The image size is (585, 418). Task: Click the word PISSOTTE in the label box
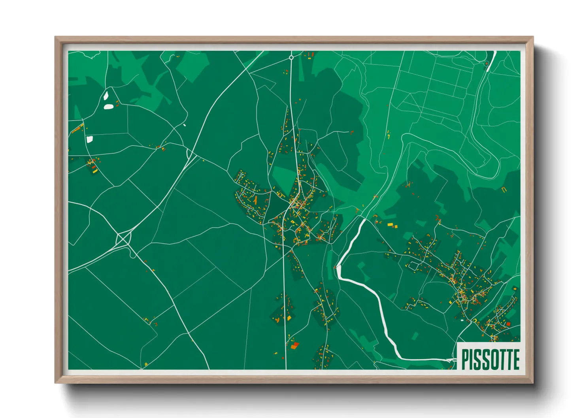click(490, 359)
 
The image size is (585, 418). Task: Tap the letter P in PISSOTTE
click(465, 359)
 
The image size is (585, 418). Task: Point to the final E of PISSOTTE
click(515, 359)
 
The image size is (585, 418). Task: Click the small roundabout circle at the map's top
click(291, 58)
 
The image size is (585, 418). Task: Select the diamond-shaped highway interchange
click(123, 239)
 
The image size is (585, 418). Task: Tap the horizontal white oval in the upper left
click(108, 106)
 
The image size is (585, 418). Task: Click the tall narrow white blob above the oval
click(106, 95)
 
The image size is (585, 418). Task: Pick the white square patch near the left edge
click(89, 139)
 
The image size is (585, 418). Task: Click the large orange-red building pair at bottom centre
click(294, 346)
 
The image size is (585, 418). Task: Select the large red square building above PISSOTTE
click(508, 324)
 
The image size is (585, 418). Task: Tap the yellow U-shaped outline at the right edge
click(504, 190)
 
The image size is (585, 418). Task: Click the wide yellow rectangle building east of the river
click(391, 224)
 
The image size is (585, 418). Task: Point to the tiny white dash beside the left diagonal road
click(185, 125)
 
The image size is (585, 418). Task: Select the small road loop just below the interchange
click(133, 255)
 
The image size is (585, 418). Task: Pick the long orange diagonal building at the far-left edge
click(77, 128)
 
